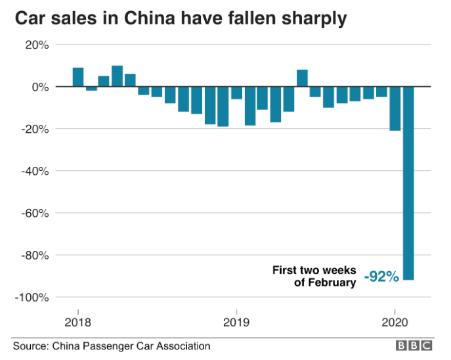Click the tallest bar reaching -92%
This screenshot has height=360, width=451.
pos(408,183)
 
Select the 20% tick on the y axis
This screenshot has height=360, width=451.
pos(35,45)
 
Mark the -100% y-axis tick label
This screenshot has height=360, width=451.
pos(31,297)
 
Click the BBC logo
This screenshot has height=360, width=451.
pos(413,345)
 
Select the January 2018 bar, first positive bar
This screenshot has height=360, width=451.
pos(78,77)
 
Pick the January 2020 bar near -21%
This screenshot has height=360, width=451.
pos(395,108)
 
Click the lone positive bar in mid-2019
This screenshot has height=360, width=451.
pos(302,78)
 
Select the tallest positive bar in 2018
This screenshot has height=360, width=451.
pos(118,76)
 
